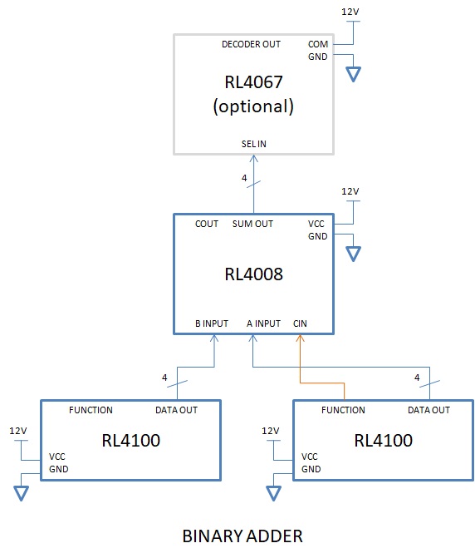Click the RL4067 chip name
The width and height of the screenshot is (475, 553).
click(x=253, y=82)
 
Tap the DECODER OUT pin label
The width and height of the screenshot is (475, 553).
click(x=251, y=44)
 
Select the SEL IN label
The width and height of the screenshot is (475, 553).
click(x=253, y=144)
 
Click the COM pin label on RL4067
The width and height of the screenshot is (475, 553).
click(x=318, y=44)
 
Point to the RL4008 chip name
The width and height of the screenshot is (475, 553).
click(x=253, y=274)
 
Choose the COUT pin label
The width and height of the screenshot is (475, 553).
click(x=207, y=224)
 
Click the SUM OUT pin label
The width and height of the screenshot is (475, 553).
click(x=252, y=224)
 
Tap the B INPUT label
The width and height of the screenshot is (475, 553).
click(x=212, y=323)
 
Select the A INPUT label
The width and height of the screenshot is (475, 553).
click(x=263, y=323)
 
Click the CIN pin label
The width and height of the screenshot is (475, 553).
click(x=300, y=323)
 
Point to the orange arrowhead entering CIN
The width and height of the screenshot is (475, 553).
click(x=300, y=338)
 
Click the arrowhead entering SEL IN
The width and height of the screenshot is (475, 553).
click(x=254, y=158)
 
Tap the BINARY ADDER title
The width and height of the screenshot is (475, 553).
click(x=242, y=536)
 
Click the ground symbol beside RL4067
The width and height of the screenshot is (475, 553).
click(x=353, y=74)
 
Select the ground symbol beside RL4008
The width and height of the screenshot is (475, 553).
click(x=353, y=254)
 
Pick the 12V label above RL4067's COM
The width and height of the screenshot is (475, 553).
click(x=350, y=12)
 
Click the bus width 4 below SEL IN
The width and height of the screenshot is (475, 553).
click(x=244, y=178)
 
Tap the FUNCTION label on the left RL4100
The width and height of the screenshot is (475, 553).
click(x=91, y=410)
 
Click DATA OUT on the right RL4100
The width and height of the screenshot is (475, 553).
click(x=428, y=410)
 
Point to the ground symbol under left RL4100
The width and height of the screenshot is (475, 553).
click(x=21, y=493)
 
